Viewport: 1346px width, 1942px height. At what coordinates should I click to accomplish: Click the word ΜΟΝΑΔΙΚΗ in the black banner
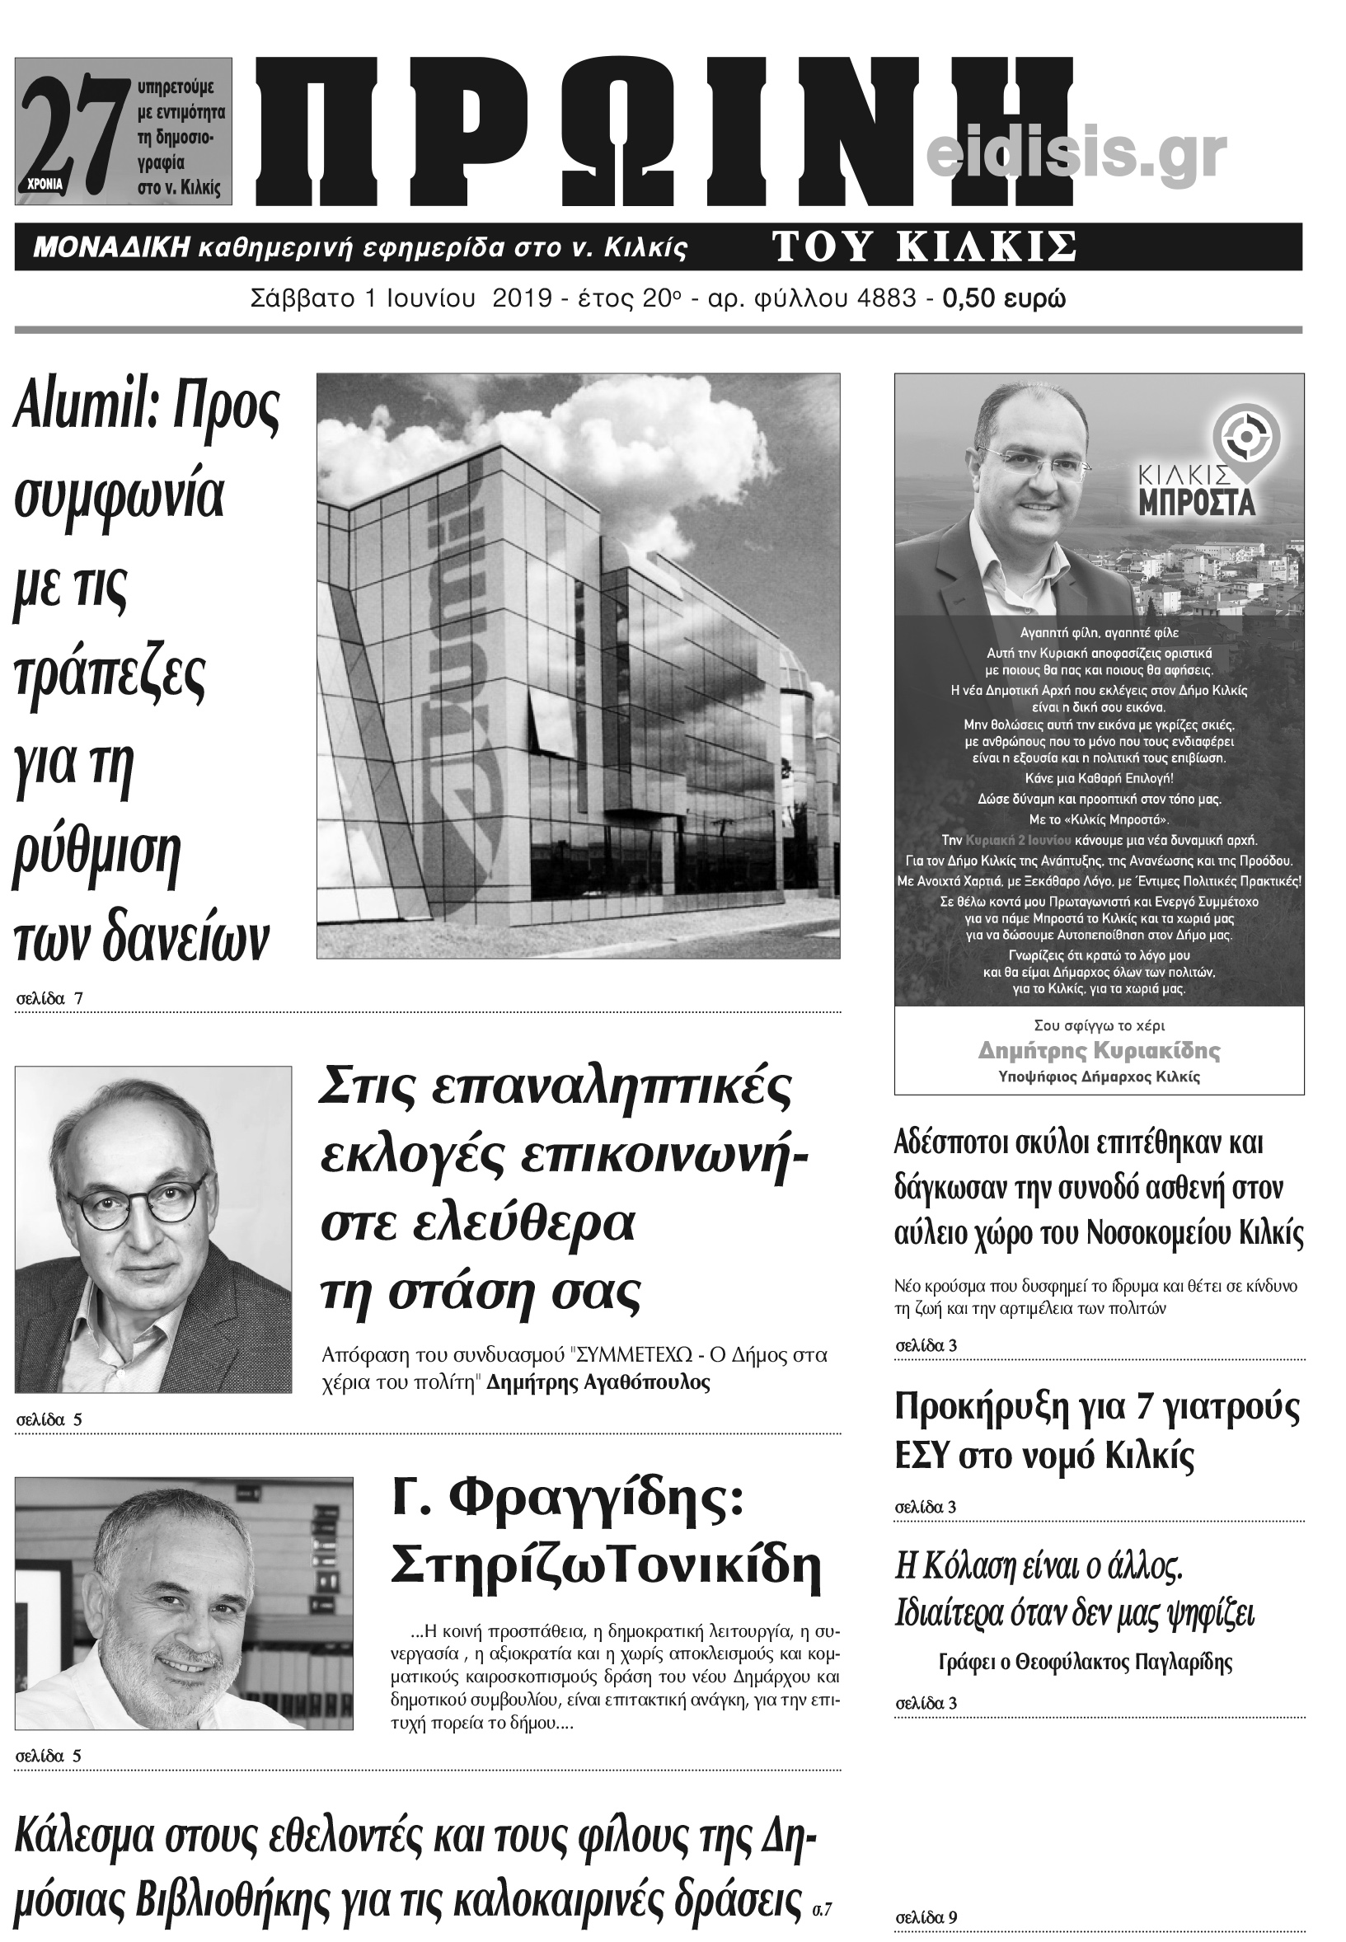[110, 248]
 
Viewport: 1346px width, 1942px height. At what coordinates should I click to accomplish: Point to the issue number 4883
[884, 299]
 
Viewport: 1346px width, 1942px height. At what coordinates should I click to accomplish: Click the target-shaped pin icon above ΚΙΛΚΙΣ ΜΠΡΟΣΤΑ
[1245, 437]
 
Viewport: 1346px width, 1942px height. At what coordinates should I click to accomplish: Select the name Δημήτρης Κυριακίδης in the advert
[1099, 1051]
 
